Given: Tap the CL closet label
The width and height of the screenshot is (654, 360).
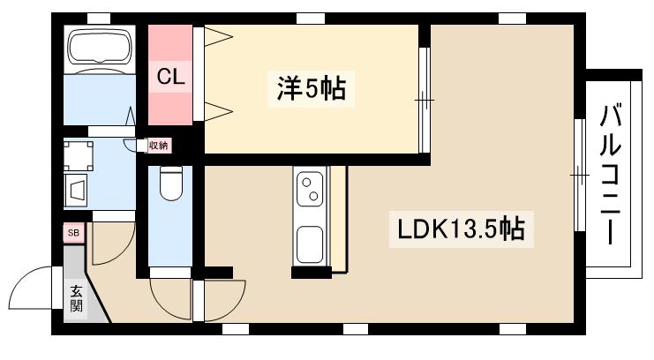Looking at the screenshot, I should coord(170,77).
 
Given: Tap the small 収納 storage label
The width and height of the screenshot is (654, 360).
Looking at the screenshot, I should coord(158,145).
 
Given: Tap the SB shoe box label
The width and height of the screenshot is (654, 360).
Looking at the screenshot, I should coord(73,233).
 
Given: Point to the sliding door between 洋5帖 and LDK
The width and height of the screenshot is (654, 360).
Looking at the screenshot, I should coord(424,101).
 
